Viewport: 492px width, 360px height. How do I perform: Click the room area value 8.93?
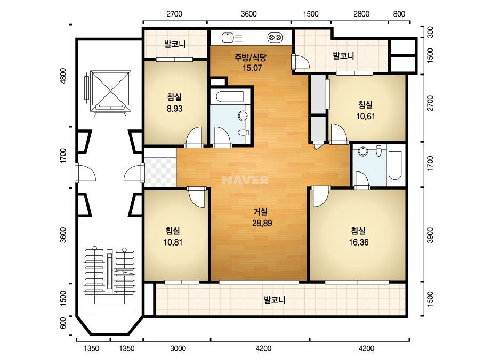pos(174,109)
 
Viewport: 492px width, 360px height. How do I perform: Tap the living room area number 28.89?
pos(262,223)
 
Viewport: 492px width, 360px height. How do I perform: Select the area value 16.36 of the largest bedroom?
pos(359,242)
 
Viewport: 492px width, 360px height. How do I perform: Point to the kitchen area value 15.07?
pos(252,68)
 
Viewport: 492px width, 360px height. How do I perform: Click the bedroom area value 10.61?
pos(366,116)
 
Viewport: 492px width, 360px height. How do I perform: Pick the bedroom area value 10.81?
pos(173,242)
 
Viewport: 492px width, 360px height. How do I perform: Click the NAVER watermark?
pos(245,180)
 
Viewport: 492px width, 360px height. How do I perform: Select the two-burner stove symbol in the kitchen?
pos(275,38)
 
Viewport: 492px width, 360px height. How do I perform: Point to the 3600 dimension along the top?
pos(249,14)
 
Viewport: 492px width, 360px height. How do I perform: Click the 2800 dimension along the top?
pos(361,14)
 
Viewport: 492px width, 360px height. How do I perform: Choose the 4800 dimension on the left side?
pos(63,76)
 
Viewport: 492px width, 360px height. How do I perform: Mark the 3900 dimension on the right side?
pos(430,235)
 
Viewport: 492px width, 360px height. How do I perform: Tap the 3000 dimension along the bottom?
pos(178,348)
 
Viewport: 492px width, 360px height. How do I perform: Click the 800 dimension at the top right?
pos(399,14)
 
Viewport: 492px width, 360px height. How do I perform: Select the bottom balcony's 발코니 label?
pos(275,300)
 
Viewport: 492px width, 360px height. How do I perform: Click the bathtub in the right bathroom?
pos(395,166)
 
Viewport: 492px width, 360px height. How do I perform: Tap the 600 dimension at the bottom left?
pos(63,323)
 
